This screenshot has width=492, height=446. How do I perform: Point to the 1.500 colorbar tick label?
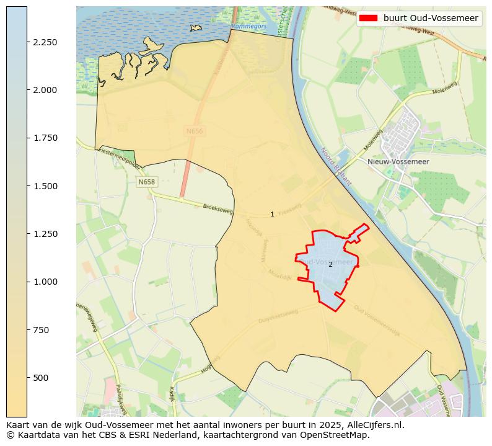tap(45, 186)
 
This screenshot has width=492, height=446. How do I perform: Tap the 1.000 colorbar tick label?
tap(45, 282)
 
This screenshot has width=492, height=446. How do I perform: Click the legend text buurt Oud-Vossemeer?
tap(431, 19)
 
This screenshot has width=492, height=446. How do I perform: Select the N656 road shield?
tap(194, 131)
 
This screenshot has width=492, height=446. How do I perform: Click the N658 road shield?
tap(147, 182)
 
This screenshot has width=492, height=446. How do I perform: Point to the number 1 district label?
tap(272, 214)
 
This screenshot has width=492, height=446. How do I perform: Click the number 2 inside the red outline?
tap(330, 264)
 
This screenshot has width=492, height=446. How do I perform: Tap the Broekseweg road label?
tap(217, 210)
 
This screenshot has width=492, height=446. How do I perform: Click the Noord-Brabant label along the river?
tap(336, 167)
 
